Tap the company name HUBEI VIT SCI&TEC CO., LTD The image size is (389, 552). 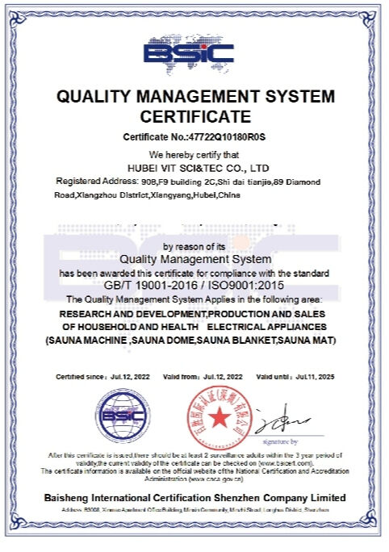coord(194,168)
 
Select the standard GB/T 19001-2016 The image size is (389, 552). coord(149,285)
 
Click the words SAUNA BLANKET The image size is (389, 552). coord(256,341)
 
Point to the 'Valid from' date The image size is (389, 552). coord(220,377)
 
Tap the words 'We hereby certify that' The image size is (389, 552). coord(194,153)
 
